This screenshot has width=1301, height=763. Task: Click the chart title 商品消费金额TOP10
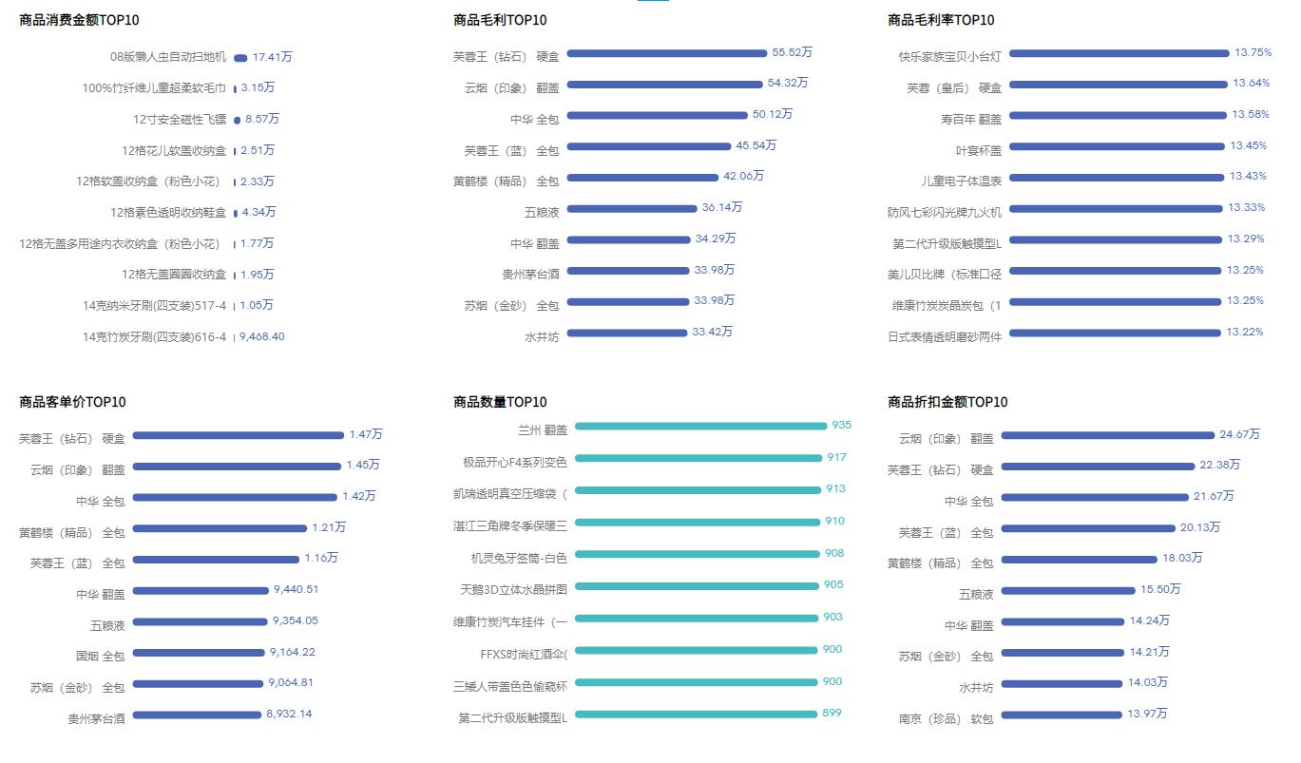click(x=79, y=20)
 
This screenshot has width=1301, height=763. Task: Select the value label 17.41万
click(x=272, y=57)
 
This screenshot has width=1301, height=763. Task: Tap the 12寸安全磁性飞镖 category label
click(x=180, y=120)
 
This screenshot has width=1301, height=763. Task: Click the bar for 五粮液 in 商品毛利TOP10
click(x=632, y=208)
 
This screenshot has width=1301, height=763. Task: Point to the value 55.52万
click(x=792, y=52)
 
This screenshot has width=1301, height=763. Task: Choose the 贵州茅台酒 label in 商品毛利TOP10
click(x=530, y=275)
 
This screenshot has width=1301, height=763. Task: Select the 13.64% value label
click(x=1251, y=83)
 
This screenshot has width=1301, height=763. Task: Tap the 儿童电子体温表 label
click(x=961, y=181)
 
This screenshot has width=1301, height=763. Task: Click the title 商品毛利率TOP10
click(x=941, y=20)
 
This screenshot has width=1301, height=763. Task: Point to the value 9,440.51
click(x=296, y=589)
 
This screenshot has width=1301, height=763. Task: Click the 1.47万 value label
click(x=365, y=434)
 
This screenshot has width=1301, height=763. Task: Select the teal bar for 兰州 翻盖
click(x=700, y=427)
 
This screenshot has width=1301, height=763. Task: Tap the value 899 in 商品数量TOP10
click(x=832, y=713)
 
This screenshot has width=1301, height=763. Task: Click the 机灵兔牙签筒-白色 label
click(x=519, y=559)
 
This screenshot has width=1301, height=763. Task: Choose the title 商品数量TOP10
click(x=500, y=402)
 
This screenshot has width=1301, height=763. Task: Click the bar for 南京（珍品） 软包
click(x=1062, y=715)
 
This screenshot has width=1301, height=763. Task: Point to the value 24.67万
click(x=1239, y=434)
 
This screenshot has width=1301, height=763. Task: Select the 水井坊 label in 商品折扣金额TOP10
click(x=975, y=688)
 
